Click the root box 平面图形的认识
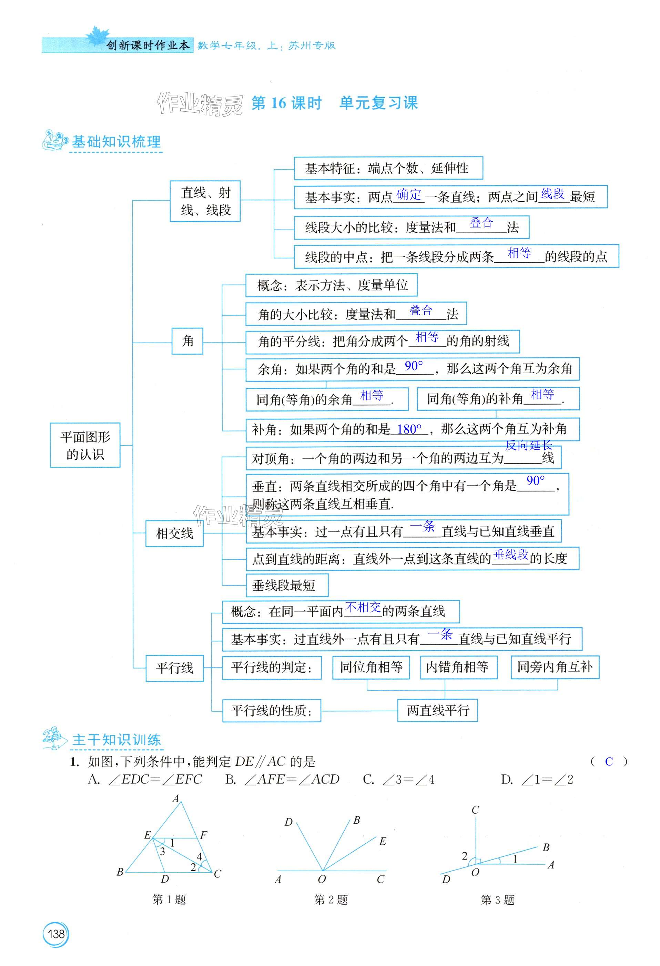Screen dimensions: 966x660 85,445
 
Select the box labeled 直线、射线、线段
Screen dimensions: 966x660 205,201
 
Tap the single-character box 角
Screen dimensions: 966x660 187,341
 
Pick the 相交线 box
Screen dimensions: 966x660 174,533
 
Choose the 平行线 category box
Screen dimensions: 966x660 174,668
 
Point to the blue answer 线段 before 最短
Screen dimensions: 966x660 553,194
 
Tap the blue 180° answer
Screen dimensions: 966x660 409,429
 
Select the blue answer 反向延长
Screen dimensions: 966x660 528,446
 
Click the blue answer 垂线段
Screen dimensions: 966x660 511,555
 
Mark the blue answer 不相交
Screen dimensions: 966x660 363,607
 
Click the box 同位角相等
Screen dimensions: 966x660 371,667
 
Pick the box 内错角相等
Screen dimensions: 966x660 458,667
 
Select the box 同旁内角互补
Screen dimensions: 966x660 555,667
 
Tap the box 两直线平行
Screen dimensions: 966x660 438,710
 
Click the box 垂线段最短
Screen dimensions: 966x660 287,585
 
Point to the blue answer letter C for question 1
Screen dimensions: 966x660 609,762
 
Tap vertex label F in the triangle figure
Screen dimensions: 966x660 203,835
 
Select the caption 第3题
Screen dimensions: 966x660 497,900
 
